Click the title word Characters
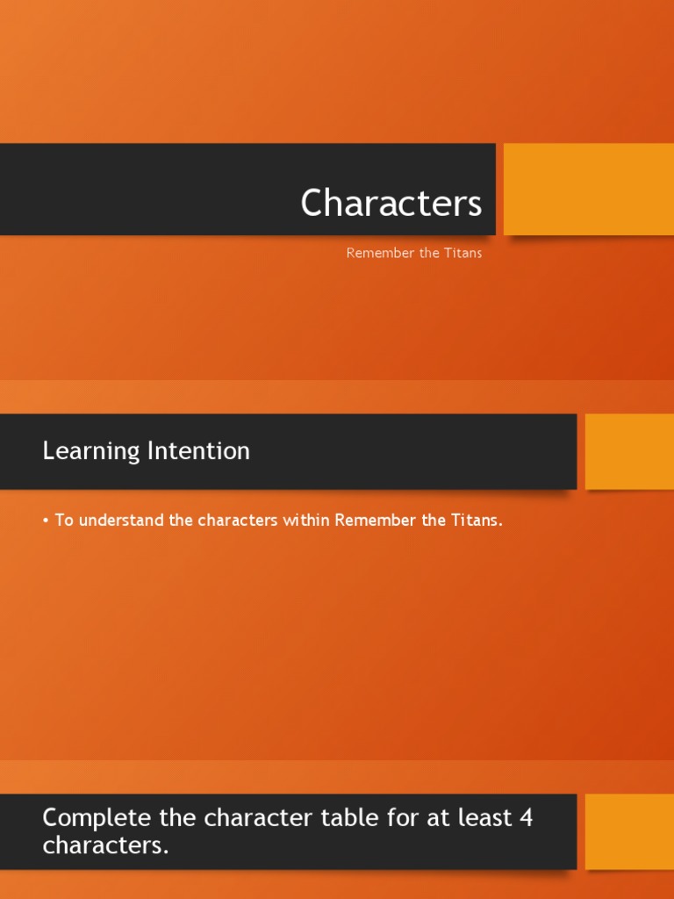point(391,204)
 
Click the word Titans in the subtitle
point(464,254)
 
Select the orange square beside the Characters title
point(589,190)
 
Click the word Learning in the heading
point(91,451)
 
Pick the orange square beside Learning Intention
point(629,451)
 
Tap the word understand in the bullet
point(122,521)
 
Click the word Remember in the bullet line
point(376,521)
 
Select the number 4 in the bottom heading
point(526,817)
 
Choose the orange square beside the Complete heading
point(629,832)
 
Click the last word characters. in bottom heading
point(105,846)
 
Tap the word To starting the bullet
point(65,521)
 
